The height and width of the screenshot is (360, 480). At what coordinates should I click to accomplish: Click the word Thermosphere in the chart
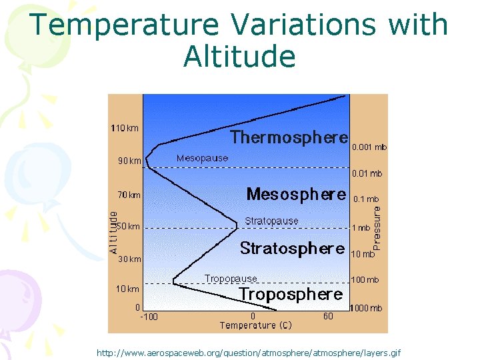pyautogui.click(x=289, y=137)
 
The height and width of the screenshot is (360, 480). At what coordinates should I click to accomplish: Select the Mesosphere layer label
pyautogui.click(x=296, y=195)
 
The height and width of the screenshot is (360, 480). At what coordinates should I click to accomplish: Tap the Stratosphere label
pyautogui.click(x=292, y=249)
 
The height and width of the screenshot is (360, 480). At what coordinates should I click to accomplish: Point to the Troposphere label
pyautogui.click(x=291, y=294)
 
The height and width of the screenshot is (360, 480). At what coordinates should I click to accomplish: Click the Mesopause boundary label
pyautogui.click(x=202, y=159)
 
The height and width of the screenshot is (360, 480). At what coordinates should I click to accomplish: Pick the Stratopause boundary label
pyautogui.click(x=271, y=221)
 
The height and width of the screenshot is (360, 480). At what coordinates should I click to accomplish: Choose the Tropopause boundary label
pyautogui.click(x=231, y=279)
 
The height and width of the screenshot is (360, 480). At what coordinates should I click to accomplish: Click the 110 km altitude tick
pyautogui.click(x=125, y=128)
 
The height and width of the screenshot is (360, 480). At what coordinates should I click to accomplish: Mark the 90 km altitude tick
pyautogui.click(x=126, y=161)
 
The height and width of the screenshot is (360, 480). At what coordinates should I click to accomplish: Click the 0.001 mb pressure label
pyautogui.click(x=369, y=147)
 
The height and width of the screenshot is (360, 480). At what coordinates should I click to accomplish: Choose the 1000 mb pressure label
pyautogui.click(x=367, y=309)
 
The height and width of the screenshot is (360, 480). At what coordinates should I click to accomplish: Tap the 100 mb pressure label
pyautogui.click(x=365, y=280)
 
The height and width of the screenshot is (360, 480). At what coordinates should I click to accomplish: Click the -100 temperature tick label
pyautogui.click(x=149, y=317)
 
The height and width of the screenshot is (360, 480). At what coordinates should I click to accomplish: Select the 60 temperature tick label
pyautogui.click(x=328, y=317)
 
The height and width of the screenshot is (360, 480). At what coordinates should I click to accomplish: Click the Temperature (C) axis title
pyautogui.click(x=256, y=325)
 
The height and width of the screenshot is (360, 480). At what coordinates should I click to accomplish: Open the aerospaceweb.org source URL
pyautogui.click(x=249, y=352)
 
